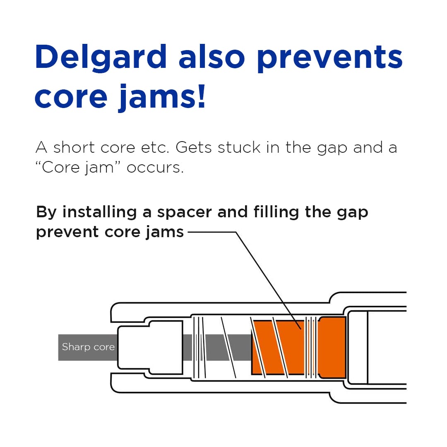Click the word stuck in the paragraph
[x=239, y=148]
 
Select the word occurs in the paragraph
[x=155, y=168]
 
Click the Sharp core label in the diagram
[x=88, y=347]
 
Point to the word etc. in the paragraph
[x=155, y=148]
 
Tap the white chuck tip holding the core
[x=151, y=347]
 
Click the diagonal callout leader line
[x=268, y=281]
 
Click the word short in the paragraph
[x=74, y=148]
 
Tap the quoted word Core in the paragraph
[x=60, y=167]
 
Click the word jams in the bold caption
[x=165, y=233]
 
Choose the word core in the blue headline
[x=71, y=98]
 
